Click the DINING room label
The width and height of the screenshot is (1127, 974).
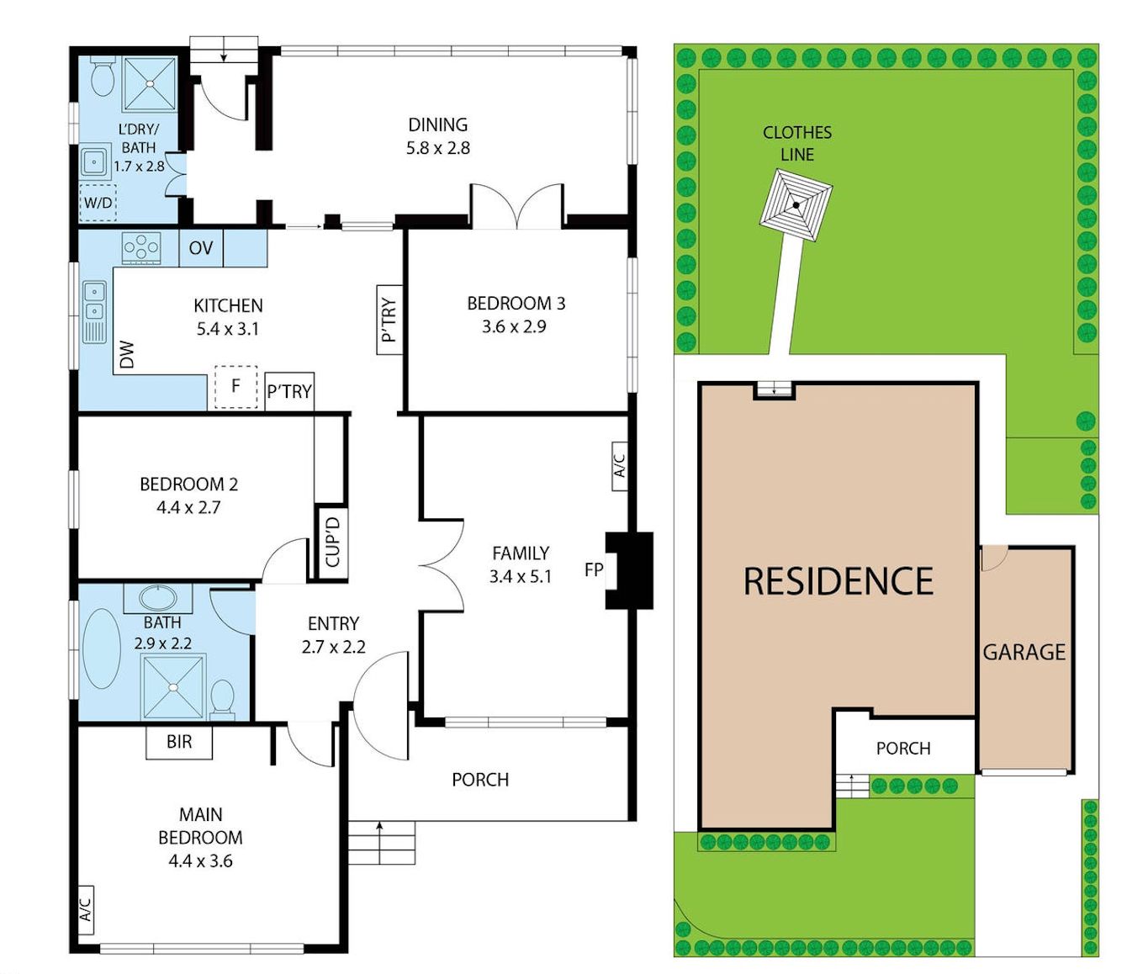[x=437, y=125]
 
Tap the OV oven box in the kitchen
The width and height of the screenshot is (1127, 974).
[x=201, y=248]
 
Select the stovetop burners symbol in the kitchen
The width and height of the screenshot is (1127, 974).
[x=141, y=247]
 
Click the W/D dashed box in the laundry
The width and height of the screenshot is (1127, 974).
[x=98, y=203]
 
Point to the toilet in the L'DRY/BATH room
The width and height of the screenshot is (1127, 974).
[x=103, y=78]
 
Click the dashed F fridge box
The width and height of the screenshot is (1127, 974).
[x=235, y=386]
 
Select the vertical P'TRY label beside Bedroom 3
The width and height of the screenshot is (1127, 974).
[x=389, y=320]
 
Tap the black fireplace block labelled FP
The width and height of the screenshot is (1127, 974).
[x=631, y=569]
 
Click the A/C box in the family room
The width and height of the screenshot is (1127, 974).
[x=618, y=466]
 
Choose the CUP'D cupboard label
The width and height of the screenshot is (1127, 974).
[x=332, y=542]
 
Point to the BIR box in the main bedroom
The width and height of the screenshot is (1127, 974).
[x=179, y=742]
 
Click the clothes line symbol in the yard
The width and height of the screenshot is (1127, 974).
[x=796, y=204]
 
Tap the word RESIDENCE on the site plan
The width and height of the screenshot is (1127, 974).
[x=839, y=581]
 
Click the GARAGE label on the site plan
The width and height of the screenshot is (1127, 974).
[x=1024, y=652]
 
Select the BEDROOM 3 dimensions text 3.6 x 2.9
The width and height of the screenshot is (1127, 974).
[x=514, y=326]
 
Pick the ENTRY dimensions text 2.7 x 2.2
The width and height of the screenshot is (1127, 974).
[x=333, y=647]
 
